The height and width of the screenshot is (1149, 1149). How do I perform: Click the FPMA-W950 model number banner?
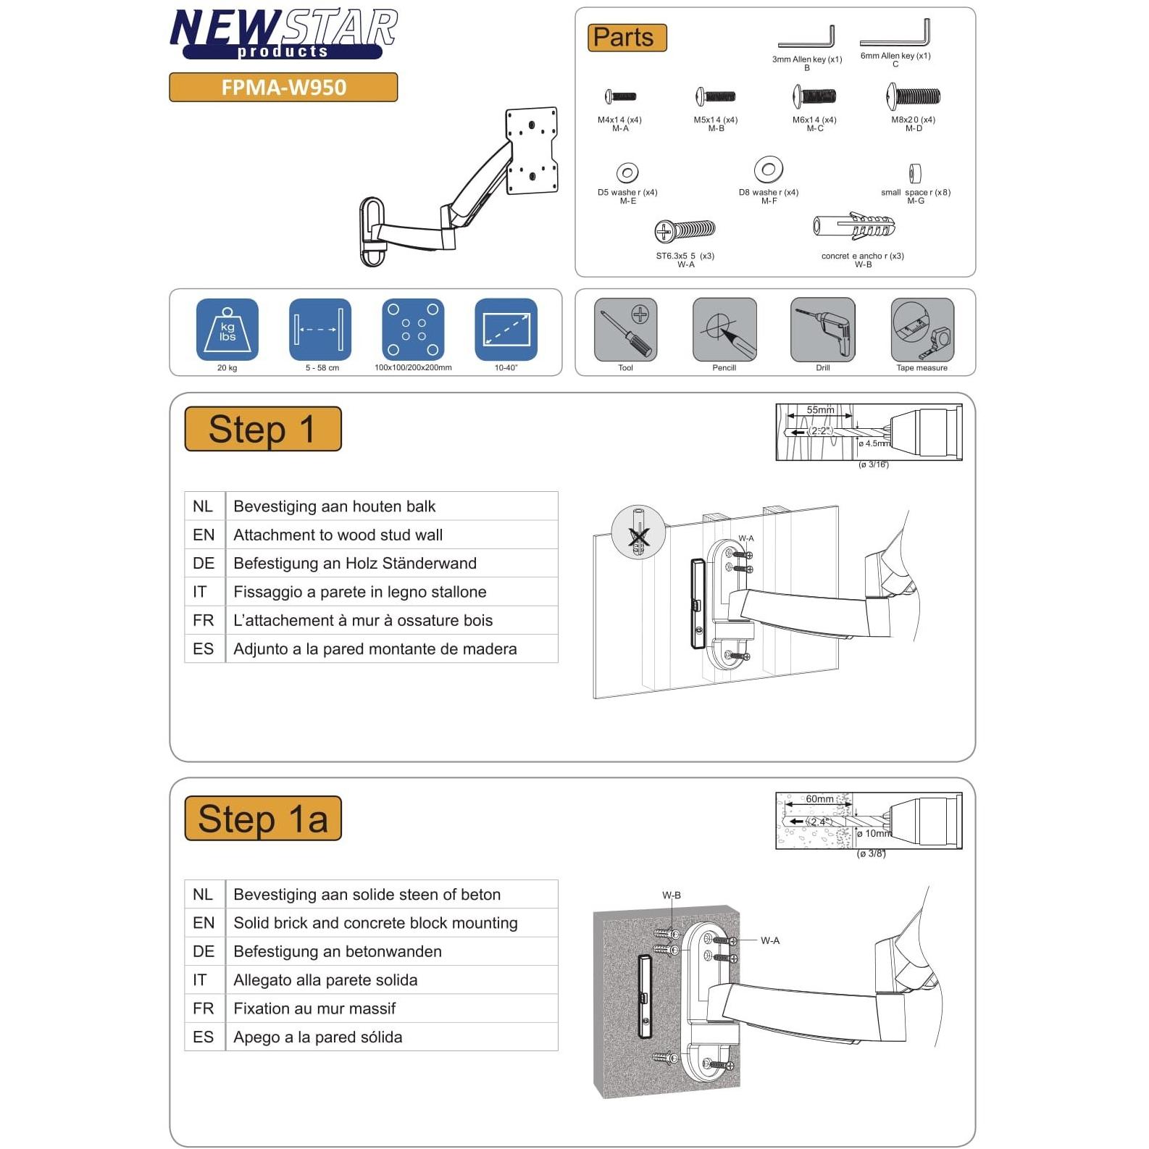pos(283,87)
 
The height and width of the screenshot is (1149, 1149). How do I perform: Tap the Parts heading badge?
pos(627,38)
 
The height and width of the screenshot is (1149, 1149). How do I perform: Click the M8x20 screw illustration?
pos(913,96)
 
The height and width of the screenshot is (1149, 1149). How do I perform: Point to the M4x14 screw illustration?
pos(620,96)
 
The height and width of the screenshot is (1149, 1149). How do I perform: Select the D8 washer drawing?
pos(768,170)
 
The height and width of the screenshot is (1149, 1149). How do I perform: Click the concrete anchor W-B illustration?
pos(854,227)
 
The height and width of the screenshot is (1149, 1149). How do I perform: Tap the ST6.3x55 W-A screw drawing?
pos(685,231)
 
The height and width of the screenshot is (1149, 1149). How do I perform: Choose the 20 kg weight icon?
pos(227,330)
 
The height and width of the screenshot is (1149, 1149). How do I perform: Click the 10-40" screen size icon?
pos(506,330)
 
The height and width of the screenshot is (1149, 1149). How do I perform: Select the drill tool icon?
pos(822,330)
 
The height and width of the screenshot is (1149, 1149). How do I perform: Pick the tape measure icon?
pos(922,330)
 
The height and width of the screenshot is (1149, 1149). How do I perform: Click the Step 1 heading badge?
pos(263,429)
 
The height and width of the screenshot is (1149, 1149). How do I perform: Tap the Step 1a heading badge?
pos(263,818)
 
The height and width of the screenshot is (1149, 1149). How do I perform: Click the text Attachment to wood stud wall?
pos(338,535)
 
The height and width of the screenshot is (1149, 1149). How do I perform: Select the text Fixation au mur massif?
pos(314,1008)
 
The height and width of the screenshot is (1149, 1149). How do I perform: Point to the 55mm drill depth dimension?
pos(820,410)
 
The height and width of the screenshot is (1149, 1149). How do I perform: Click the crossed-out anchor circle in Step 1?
pos(638,532)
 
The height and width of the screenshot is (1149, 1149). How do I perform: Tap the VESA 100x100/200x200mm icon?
pos(413,330)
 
